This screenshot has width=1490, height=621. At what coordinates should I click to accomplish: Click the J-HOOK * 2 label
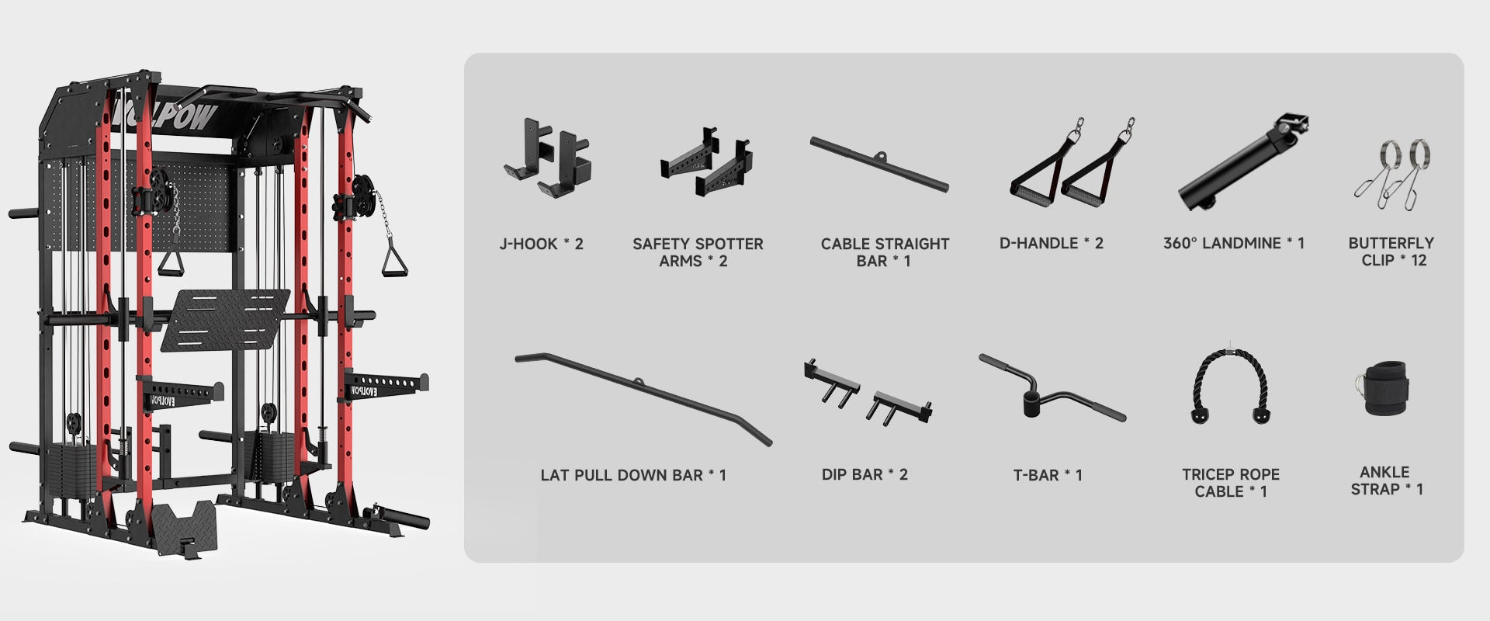click(x=541, y=244)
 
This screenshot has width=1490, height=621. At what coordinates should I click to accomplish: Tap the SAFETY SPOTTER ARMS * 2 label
click(x=698, y=252)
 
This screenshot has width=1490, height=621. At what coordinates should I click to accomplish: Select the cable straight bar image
click(x=879, y=165)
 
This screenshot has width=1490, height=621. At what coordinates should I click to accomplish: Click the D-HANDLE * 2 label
click(x=1051, y=243)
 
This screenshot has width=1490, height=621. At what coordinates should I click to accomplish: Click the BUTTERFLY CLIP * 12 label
click(x=1391, y=252)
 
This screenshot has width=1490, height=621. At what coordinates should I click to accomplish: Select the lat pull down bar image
click(x=643, y=398)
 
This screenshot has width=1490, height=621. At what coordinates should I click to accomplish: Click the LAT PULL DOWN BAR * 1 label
click(x=633, y=475)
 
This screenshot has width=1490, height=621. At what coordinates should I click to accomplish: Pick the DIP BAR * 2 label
click(x=865, y=474)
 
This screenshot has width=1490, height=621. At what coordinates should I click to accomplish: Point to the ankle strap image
click(x=1381, y=387)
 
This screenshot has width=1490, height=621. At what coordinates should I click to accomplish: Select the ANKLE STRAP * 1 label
click(x=1387, y=480)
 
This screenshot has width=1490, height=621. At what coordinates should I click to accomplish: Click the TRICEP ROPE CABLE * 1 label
click(x=1231, y=483)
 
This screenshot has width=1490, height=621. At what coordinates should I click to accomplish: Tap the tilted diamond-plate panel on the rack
click(x=225, y=320)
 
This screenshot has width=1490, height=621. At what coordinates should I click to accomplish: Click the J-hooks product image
click(x=546, y=158)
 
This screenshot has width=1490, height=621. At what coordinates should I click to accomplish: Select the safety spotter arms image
click(x=706, y=162)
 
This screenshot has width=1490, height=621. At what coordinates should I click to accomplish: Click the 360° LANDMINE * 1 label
click(x=1234, y=243)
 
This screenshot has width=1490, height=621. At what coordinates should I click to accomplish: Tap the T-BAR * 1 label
click(x=1048, y=475)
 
